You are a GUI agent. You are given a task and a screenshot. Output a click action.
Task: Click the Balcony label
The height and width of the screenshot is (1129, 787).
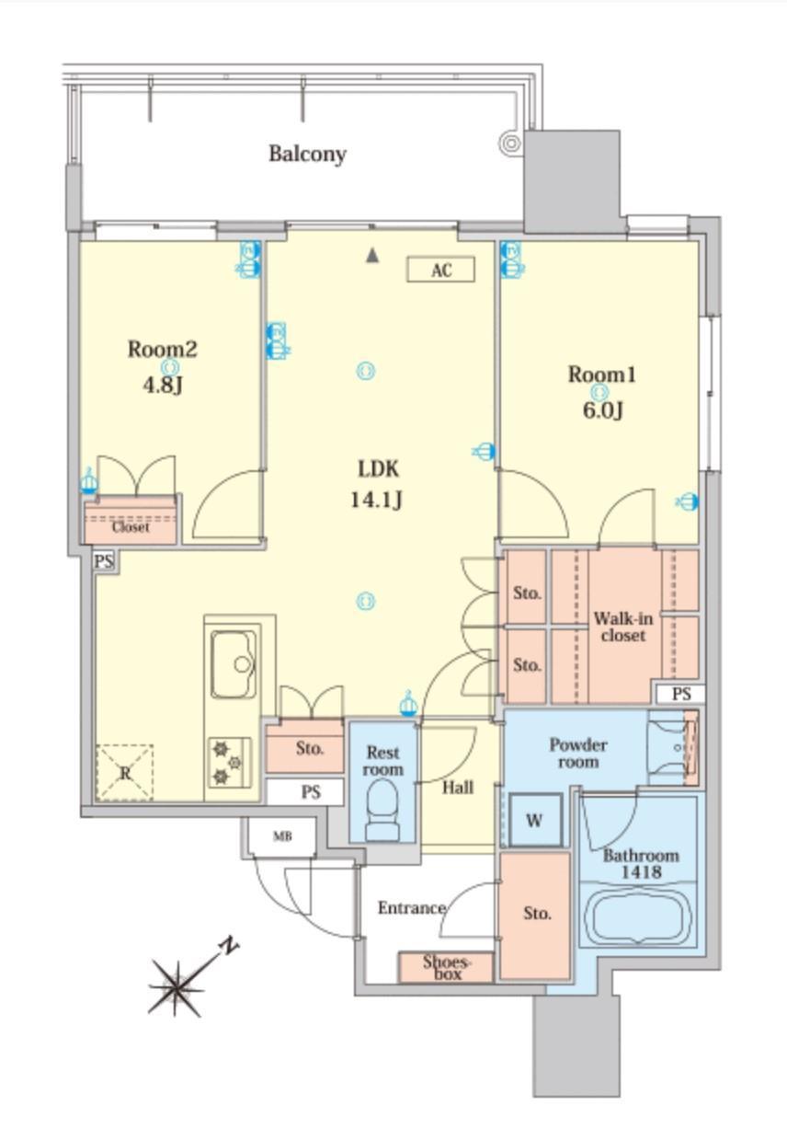307,154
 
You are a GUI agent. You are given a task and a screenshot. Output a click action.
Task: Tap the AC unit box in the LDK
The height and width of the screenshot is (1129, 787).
440,270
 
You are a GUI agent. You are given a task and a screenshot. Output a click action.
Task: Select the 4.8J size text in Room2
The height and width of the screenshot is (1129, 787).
162,385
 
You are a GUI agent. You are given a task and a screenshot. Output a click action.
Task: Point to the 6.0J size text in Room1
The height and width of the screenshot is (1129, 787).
603,410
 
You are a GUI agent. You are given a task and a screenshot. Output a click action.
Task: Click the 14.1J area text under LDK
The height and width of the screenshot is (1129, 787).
376,500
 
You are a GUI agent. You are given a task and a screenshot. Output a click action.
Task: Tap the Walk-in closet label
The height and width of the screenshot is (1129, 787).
622,627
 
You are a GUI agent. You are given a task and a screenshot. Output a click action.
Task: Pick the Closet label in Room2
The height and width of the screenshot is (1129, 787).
131,527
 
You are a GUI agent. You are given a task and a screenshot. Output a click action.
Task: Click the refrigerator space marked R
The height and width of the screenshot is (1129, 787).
124,772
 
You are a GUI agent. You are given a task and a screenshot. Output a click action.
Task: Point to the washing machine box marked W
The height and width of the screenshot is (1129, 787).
535,820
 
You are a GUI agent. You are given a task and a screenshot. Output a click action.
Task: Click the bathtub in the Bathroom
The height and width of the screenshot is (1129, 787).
638,916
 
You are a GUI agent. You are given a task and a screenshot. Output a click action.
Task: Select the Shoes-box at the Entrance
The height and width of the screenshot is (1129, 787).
446,967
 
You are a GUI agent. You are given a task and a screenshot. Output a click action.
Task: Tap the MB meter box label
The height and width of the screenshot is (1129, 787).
282,837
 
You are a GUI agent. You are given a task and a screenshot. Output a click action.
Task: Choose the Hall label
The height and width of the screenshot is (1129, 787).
458,788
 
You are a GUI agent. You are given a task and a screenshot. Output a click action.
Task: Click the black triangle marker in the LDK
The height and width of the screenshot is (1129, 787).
372,256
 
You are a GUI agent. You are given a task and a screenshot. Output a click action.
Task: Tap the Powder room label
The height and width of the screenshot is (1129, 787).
578,753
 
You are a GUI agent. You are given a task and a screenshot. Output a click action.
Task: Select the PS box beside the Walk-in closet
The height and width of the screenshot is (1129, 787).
680,694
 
